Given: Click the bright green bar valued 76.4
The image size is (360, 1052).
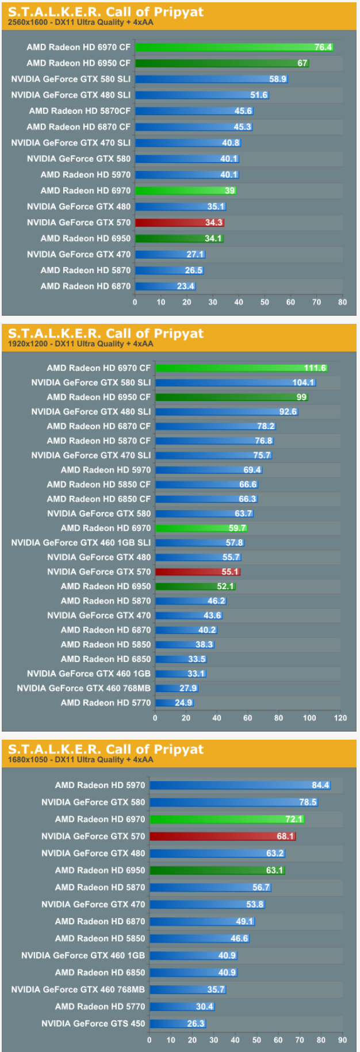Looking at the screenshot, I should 233,47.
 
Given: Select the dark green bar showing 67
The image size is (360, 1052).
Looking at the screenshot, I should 221,63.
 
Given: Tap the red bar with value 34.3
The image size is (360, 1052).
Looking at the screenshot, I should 179,223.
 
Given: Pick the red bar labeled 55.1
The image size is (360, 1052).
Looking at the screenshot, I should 197,572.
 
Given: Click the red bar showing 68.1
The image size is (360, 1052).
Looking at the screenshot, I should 222,836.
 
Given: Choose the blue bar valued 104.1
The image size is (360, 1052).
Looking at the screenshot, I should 235,382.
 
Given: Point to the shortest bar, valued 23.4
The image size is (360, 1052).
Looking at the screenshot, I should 165,286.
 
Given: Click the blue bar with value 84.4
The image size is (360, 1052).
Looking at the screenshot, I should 239,785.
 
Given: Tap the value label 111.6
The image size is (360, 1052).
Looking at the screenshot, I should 315,368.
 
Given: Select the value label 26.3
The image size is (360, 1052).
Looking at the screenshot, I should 196,1024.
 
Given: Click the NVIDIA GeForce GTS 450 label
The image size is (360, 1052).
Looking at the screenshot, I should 93,1024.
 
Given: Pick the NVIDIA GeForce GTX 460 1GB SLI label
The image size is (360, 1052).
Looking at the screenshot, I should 81,542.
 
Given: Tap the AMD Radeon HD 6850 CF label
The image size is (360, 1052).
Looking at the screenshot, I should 99,499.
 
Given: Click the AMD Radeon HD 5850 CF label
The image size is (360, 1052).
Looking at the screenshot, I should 99,484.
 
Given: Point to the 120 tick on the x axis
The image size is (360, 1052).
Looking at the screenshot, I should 340,718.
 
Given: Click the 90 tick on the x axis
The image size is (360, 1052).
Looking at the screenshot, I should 342,1040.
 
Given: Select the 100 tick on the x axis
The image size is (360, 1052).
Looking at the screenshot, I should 309,718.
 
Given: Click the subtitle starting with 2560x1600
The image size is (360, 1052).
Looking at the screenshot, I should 81,22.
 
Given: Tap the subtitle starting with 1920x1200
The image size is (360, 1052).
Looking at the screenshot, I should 81,344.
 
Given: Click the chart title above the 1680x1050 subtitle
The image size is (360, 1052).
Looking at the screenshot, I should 106,749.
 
